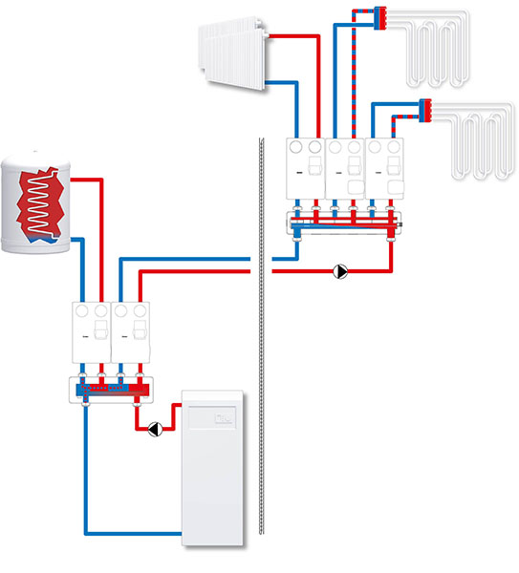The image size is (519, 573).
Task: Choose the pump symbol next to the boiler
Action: point(152,430)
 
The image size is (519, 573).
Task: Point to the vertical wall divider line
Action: point(259,353)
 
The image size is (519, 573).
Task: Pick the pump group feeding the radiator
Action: point(306,172)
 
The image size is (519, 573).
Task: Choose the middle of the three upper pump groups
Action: point(345,172)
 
